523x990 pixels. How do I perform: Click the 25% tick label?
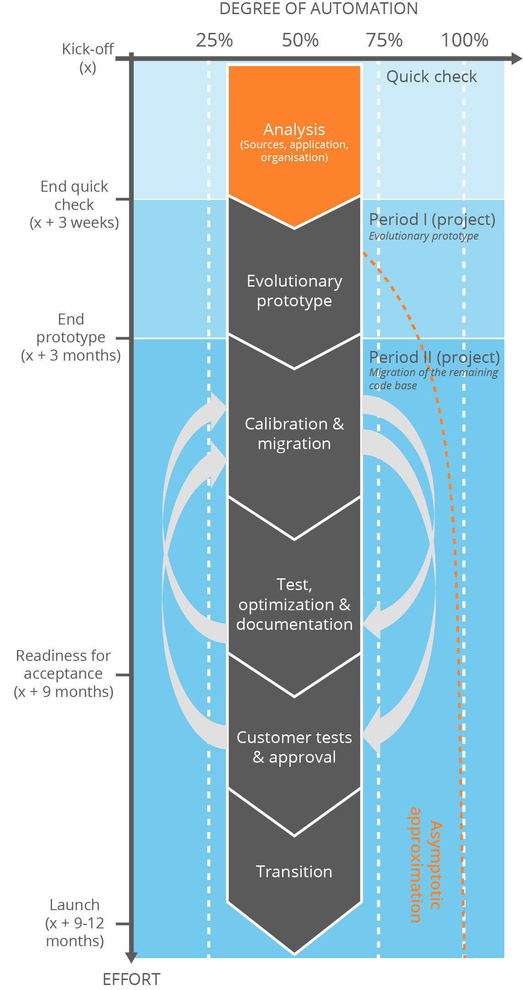pos(214,41)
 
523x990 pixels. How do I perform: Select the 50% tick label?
pos(300,41)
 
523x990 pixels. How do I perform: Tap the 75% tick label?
pos(384,41)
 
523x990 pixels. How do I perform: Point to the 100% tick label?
pos(465,41)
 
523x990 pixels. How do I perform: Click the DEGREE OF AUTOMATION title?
pos(319,9)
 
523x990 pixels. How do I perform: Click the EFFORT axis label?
pos(131,979)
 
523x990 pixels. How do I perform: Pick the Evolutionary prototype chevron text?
pos(294,291)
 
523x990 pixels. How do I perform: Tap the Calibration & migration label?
pos(294,434)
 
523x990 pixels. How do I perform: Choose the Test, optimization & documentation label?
pos(294,604)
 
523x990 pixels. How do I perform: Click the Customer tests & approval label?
pos(294,747)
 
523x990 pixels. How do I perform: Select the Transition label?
pos(294,871)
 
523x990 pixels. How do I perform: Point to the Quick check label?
pos(431,77)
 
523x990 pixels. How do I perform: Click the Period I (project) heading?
pos(432,220)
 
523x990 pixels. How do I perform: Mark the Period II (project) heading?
pos(434,357)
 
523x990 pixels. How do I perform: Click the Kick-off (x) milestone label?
pos(88,58)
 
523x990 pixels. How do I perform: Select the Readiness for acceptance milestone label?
pos(63,674)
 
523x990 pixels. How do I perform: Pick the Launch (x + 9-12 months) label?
pos(75,923)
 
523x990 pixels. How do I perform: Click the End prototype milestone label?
pos(71,337)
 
